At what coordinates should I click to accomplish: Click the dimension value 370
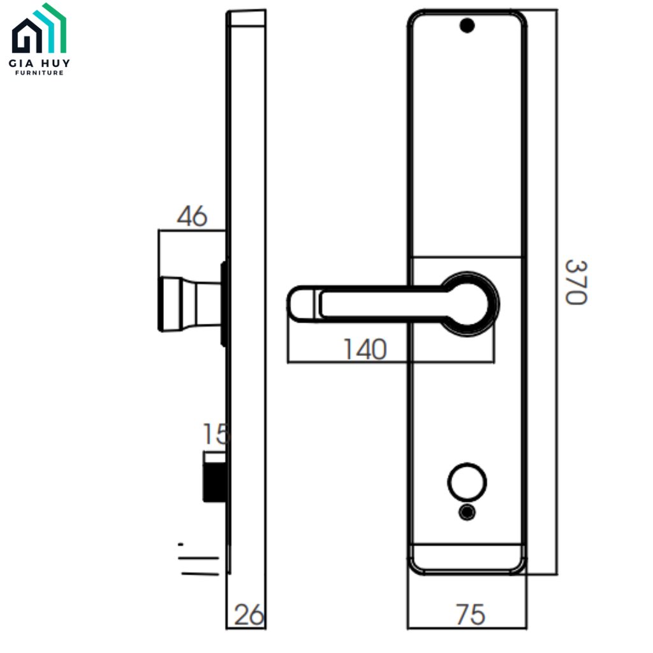(x=575, y=282)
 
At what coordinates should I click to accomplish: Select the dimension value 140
(x=365, y=349)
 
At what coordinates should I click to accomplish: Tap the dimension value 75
(x=471, y=615)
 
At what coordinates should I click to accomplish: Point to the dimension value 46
(x=192, y=217)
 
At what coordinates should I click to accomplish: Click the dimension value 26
(x=249, y=615)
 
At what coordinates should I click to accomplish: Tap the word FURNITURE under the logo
(x=40, y=73)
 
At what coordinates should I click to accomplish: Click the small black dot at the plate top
(x=467, y=26)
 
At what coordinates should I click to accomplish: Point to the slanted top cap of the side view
(x=247, y=18)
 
